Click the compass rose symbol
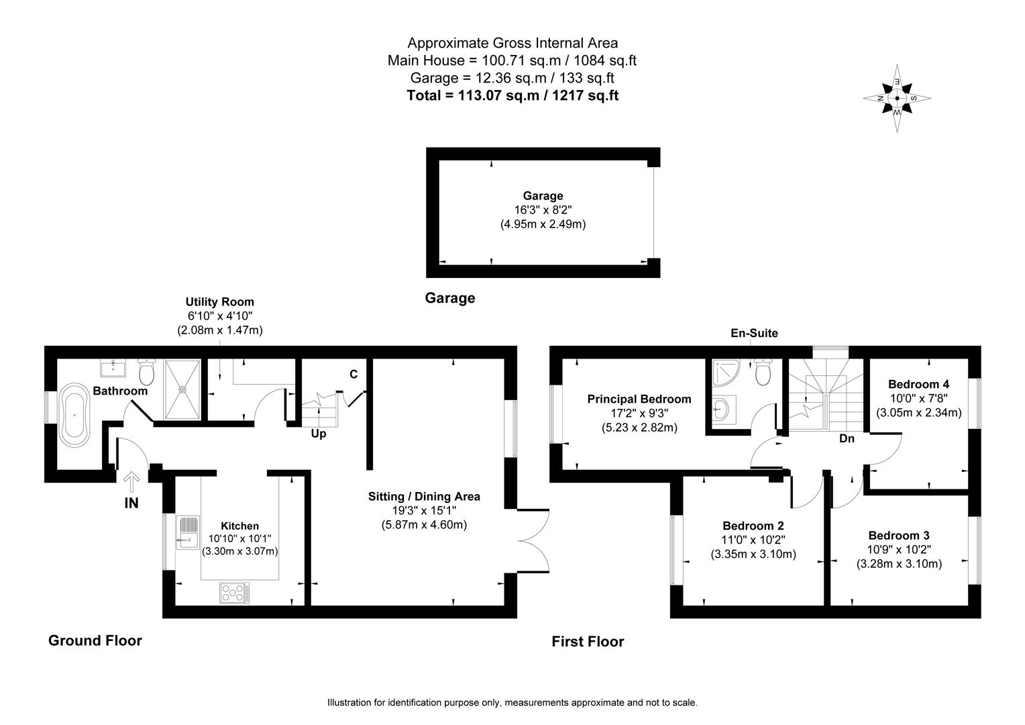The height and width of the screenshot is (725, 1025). [x=897, y=98]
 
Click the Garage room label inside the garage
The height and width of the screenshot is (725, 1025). [x=543, y=196]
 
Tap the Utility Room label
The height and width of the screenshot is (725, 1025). [x=220, y=302]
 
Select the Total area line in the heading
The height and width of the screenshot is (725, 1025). [x=512, y=95]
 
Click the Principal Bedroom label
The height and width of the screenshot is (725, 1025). [x=639, y=399]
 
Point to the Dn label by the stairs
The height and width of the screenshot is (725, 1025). [x=847, y=439]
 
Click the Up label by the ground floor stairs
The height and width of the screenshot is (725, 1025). [x=319, y=434]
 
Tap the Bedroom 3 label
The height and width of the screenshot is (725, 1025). [x=899, y=536]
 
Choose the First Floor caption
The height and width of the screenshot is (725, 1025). [x=588, y=642]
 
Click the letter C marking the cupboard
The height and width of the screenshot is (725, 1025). [x=354, y=374]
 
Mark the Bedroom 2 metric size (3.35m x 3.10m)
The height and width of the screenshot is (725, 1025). [x=753, y=554]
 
